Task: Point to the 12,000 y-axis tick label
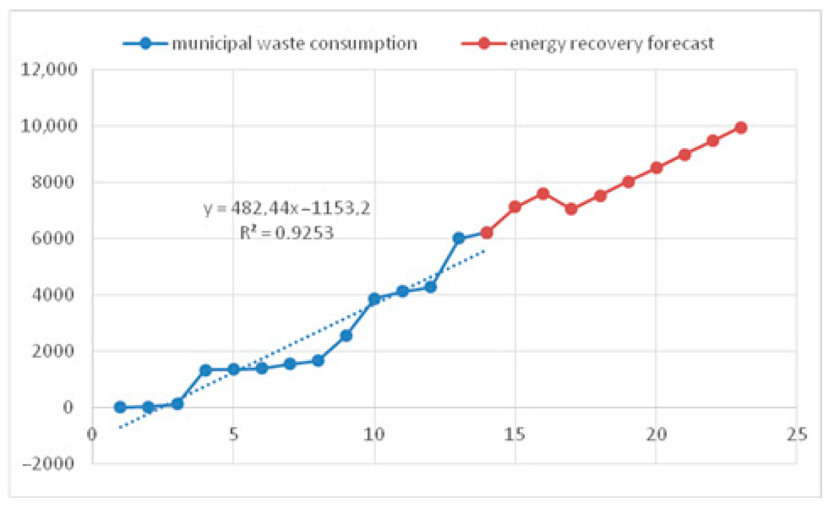coord(49,70)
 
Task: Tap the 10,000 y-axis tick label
coord(49,126)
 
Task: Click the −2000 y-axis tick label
coord(48,464)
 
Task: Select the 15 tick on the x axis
coord(515,435)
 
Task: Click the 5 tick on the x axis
coord(233,435)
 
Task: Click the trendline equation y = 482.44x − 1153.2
coord(287,209)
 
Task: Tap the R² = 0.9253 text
coord(287,233)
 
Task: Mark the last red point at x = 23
coord(741,128)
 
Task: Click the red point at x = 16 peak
coord(543,194)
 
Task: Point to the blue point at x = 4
coord(205,370)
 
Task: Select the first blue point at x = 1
coord(120,407)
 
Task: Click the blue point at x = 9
coord(346,336)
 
